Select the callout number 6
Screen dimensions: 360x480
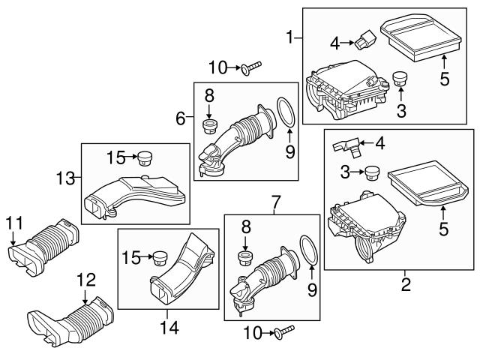(180, 118)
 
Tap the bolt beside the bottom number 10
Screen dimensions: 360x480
(283, 329)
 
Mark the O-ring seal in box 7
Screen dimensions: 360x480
(307, 248)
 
